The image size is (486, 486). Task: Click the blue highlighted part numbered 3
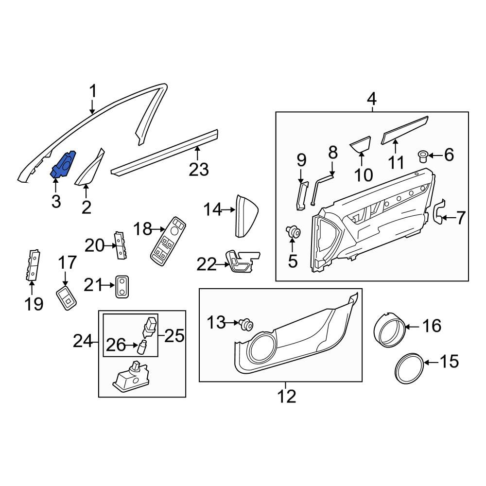[63, 165]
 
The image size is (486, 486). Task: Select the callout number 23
[199, 170]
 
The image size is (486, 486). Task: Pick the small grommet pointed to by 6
[422, 156]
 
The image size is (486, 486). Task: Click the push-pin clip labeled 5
[293, 231]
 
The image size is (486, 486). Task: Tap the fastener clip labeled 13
[246, 325]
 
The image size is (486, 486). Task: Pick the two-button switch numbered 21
[122, 286]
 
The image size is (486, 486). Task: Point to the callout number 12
[286, 396]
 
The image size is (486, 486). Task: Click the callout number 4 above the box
[372, 99]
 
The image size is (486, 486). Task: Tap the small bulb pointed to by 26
[142, 347]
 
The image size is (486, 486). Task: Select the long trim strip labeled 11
[404, 130]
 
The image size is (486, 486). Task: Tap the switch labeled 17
[66, 297]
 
